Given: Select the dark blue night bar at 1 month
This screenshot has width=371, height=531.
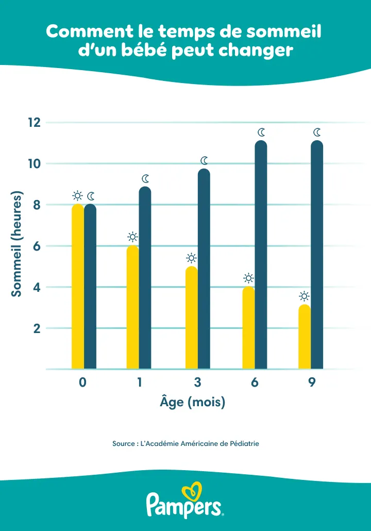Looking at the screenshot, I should point(145,278).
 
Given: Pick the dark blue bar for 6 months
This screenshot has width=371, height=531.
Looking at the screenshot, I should point(261,255).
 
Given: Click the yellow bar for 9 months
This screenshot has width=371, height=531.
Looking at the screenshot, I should point(305,337).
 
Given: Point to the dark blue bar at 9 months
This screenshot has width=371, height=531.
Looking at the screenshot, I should point(317,255).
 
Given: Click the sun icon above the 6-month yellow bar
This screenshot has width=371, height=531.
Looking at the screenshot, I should point(248,278).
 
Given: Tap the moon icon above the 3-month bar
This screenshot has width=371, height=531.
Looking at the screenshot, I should point(204,161).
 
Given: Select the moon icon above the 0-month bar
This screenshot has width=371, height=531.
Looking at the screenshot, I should point(91,196).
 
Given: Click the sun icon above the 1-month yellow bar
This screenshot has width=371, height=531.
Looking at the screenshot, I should point(132,237).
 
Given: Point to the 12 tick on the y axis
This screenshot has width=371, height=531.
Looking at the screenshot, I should point(34,123).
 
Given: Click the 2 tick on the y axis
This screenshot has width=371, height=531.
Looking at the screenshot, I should point(37,328).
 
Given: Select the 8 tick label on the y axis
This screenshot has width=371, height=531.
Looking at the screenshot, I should point(37,205).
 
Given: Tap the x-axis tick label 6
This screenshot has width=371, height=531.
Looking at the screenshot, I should point(255,383).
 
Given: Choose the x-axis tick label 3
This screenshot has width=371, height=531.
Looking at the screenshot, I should point(197,383).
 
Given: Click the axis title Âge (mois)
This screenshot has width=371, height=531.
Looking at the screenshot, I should point(193,402).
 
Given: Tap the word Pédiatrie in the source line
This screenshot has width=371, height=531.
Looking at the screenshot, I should point(244,443).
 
